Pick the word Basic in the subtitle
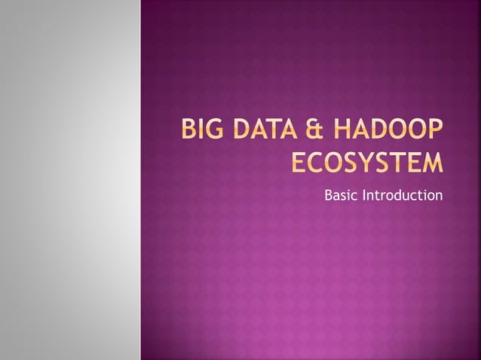341,196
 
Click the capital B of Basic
329,196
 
